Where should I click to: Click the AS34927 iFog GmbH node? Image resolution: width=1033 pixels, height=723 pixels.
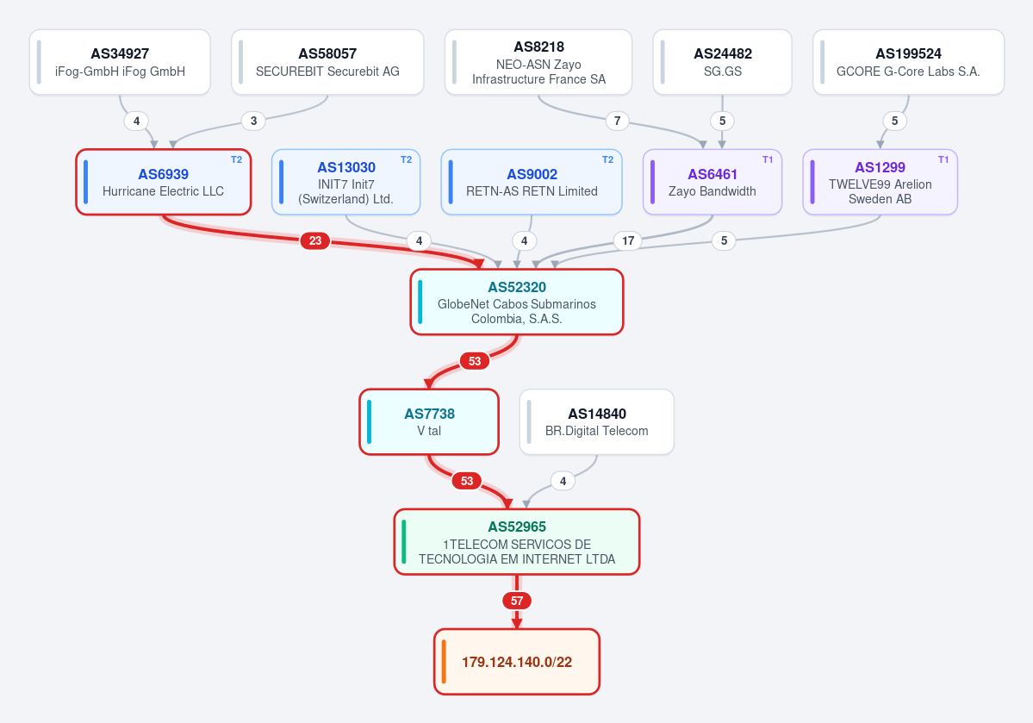click(120, 62)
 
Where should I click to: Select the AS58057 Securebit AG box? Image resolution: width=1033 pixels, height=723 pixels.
click(327, 62)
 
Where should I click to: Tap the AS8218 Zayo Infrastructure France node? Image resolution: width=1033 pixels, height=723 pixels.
click(538, 62)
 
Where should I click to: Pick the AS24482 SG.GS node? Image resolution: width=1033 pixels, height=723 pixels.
click(722, 62)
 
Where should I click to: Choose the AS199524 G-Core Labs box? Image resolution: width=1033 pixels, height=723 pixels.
click(908, 62)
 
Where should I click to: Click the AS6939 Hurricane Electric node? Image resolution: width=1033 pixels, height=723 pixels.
click(164, 182)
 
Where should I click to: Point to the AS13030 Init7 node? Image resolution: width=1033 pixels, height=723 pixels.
click(345, 182)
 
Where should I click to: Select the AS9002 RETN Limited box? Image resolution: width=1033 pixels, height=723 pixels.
click(532, 182)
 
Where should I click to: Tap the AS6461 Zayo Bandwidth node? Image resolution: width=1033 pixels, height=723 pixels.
click(713, 182)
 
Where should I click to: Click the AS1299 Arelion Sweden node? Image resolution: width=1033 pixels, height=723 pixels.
click(881, 182)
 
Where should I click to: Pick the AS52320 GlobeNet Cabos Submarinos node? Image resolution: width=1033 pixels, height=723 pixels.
click(517, 302)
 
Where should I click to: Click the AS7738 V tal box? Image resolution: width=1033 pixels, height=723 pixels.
click(429, 421)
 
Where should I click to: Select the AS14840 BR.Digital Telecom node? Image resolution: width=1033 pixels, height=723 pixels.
click(597, 421)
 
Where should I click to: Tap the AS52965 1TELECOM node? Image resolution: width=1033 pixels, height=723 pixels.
click(517, 542)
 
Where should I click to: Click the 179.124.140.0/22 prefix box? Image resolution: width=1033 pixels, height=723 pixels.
click(517, 662)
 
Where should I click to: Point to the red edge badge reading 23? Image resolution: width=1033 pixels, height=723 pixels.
click(315, 240)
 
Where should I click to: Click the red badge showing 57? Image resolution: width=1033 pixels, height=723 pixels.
click(517, 601)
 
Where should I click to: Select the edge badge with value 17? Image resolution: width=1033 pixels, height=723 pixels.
click(628, 240)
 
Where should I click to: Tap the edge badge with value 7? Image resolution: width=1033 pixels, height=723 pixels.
click(617, 121)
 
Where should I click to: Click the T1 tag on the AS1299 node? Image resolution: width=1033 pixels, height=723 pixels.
click(943, 159)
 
